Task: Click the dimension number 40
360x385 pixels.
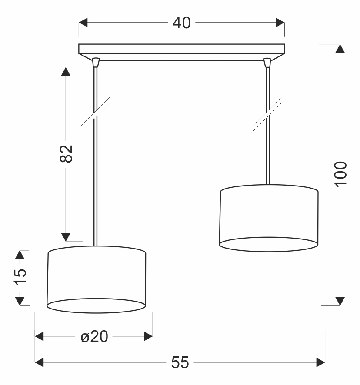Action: point(181,23)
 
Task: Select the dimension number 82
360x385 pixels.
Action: point(66,153)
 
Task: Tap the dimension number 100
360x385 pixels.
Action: point(340,173)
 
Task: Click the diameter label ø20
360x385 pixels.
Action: point(94,336)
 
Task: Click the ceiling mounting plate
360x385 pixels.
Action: point(181,49)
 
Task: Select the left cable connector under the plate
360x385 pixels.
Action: point(96,62)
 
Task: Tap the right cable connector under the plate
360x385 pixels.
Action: point(267,62)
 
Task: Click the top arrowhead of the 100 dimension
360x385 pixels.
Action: point(340,49)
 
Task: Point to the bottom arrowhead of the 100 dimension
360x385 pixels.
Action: point(340,301)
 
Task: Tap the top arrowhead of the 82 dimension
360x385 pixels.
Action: point(66,72)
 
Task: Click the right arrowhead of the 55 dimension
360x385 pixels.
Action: point(321,362)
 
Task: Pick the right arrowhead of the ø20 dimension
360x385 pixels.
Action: point(148,336)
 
